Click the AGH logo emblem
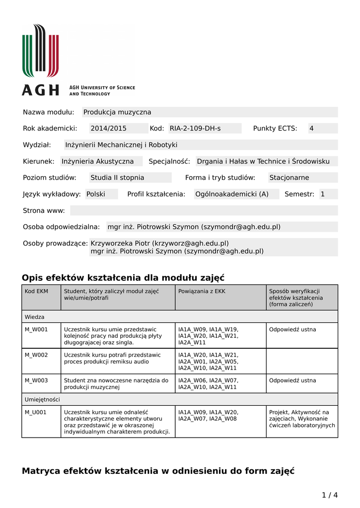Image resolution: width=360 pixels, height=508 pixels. tap(40, 51)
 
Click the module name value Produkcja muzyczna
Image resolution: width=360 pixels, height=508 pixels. tap(117, 112)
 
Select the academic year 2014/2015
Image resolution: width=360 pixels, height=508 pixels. tap(108, 128)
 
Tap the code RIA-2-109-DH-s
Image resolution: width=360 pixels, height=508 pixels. tap(195, 128)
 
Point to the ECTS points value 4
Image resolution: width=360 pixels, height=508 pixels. tap(312, 128)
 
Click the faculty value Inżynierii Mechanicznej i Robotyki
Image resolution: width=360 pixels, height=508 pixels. tap(121, 145)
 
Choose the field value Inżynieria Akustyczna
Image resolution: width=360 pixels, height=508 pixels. tap(98, 161)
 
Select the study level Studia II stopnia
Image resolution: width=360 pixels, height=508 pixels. tap(117, 178)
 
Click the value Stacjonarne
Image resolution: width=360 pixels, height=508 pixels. tap(289, 178)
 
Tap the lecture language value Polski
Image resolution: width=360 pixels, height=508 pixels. tap(96, 194)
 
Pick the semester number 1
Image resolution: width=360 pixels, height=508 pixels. tap(323, 194)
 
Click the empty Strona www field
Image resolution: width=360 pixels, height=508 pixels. tap(204, 210)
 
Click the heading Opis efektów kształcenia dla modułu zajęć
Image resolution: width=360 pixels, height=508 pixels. tap(123, 277)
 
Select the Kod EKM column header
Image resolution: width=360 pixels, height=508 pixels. tap(37, 291)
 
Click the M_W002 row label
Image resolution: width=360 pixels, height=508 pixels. tap(37, 355)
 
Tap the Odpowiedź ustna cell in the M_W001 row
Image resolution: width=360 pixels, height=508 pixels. tap(292, 329)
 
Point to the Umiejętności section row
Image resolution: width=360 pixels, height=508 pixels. tap(43, 399)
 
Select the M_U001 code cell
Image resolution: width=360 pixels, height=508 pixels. tap(37, 412)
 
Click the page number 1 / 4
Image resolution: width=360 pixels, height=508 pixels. tap(330, 495)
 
